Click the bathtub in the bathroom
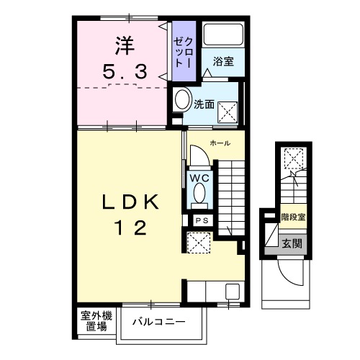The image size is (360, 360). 223,35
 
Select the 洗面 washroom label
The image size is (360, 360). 204,104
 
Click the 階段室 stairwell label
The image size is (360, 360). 293,215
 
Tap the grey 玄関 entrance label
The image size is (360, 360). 292,243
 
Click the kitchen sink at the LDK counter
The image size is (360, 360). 233,292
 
